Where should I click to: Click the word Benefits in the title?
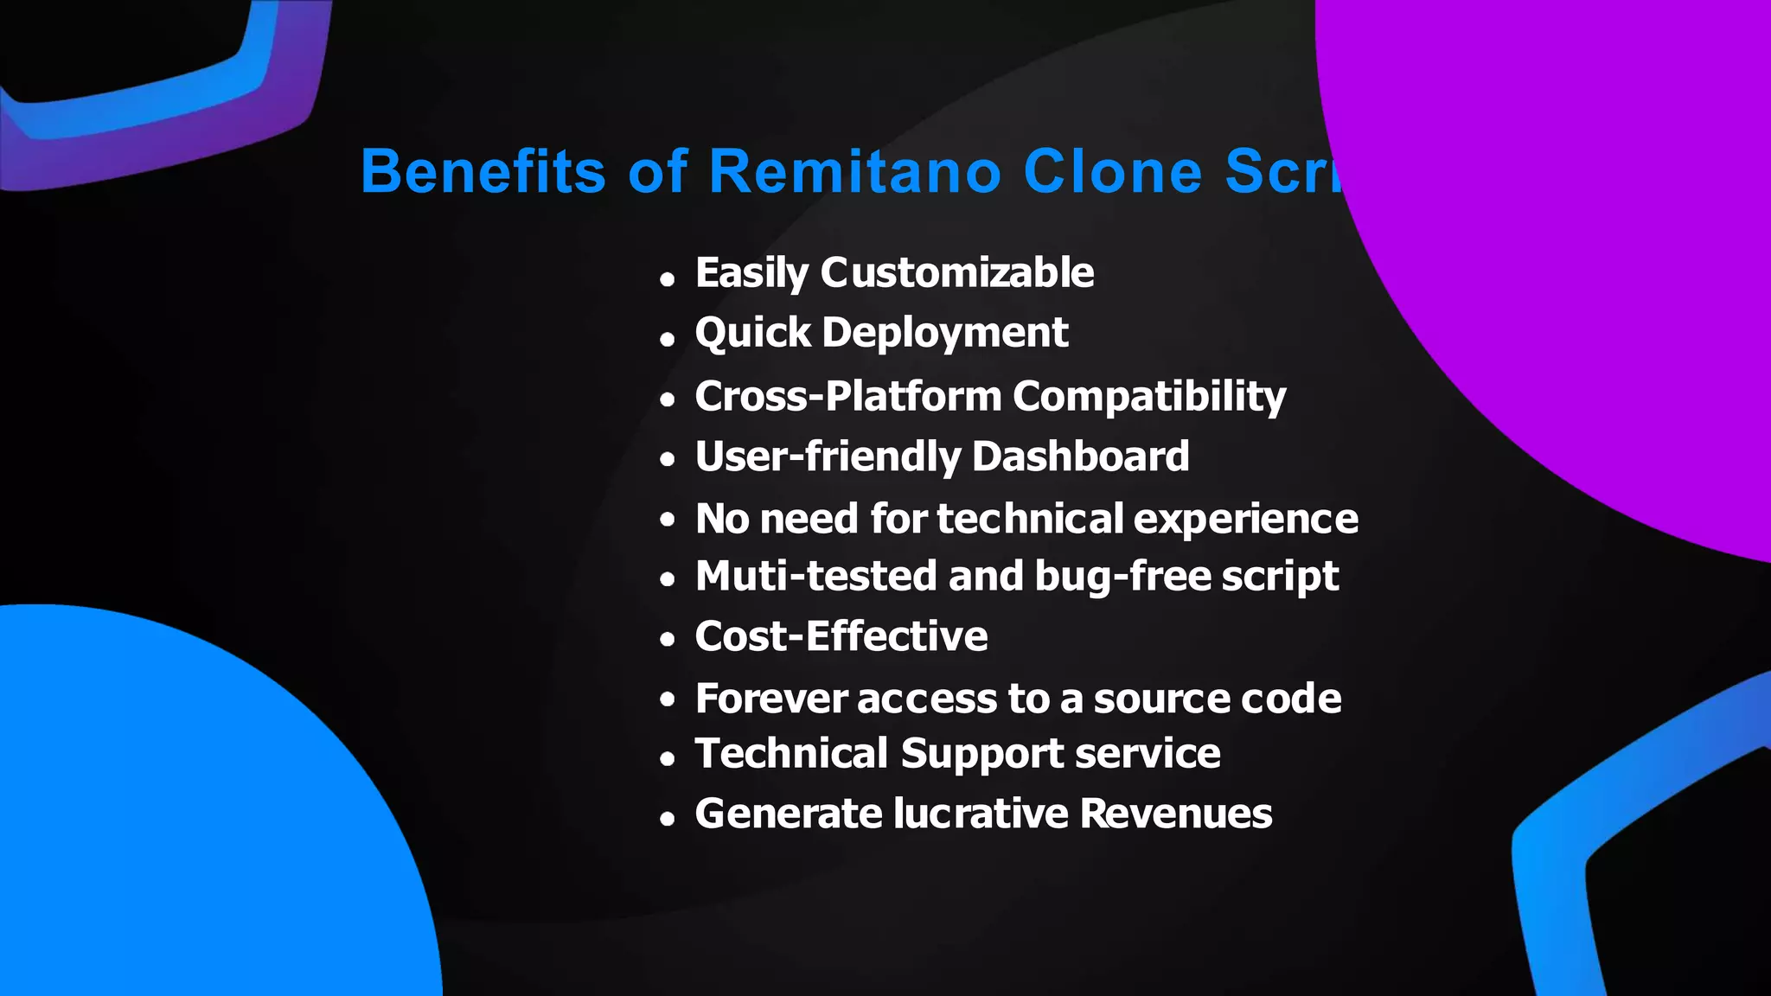click(483, 171)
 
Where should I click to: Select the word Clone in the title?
click(1113, 171)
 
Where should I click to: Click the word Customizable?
click(957, 273)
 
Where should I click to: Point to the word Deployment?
click(945, 333)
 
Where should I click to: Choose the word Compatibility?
click(1149, 397)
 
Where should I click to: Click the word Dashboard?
click(1080, 456)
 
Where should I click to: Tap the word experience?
click(1245, 520)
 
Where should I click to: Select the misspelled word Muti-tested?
click(815, 577)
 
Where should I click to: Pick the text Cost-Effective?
click(841, 637)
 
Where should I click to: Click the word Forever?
click(770, 699)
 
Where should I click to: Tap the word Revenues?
click(1176, 814)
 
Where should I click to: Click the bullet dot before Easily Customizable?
click(667, 279)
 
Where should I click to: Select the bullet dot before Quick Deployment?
click(667, 340)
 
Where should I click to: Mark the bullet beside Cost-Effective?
click(667, 641)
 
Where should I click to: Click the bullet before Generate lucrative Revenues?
click(667, 819)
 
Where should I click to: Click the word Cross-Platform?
click(847, 397)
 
